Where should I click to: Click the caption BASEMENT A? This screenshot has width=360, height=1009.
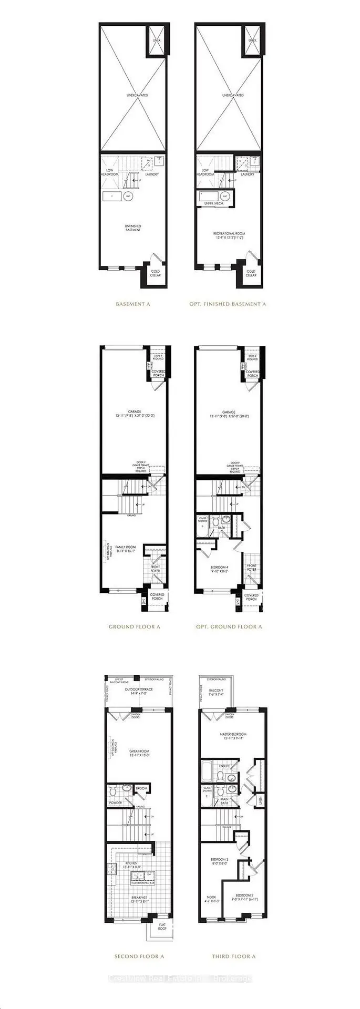(133, 304)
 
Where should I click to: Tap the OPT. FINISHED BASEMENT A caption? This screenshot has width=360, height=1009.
(228, 304)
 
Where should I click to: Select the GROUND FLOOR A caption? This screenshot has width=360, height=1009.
(134, 626)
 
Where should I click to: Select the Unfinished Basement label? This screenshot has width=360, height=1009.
(133, 228)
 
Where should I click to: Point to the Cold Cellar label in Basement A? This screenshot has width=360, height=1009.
(156, 273)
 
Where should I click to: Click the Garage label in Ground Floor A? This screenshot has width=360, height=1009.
(133, 414)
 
